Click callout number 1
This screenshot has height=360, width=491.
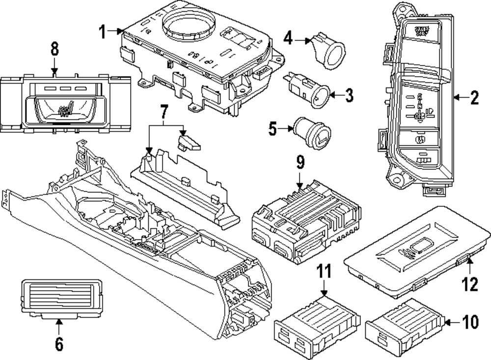(x=102, y=33)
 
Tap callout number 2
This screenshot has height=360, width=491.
(x=474, y=99)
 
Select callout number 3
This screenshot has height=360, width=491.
(x=348, y=95)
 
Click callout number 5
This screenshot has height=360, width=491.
(x=273, y=129)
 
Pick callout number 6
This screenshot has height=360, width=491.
(x=59, y=344)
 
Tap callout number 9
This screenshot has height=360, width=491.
(x=300, y=163)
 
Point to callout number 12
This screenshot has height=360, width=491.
(x=470, y=283)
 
